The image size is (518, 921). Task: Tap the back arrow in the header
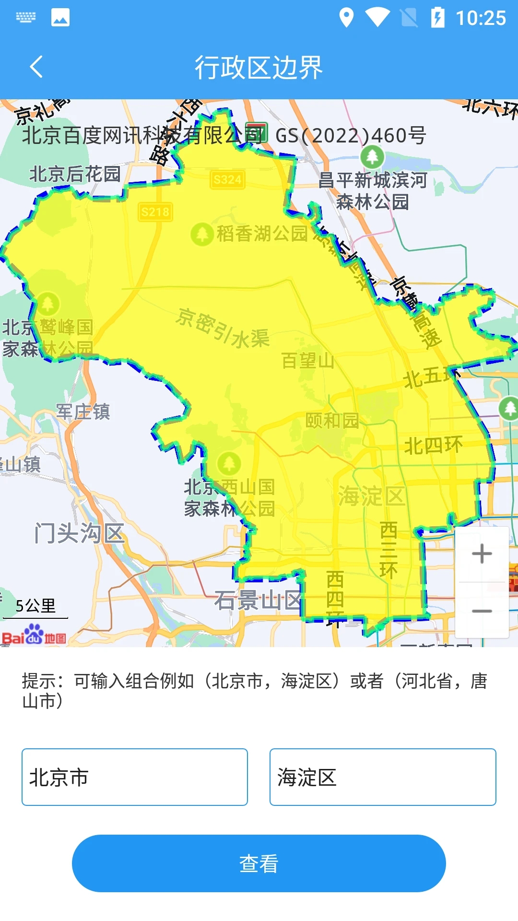point(36,67)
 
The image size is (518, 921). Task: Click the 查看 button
point(259,863)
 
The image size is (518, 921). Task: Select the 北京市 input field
point(135,777)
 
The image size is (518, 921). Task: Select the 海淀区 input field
point(383,777)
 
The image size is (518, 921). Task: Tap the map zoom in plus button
point(482,554)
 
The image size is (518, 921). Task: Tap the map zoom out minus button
point(482,611)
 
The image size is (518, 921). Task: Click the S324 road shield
point(227,180)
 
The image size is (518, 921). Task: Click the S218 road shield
point(155,212)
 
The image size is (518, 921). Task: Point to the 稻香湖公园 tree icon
point(202,235)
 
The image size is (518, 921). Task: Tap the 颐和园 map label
point(332,421)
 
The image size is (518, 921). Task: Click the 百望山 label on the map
point(308,361)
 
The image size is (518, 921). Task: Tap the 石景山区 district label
point(258,600)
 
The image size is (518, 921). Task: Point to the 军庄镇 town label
point(83,412)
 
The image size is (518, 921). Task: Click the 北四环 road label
point(433,446)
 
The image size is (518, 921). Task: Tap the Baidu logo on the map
point(34,635)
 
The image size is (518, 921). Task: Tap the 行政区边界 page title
point(259,67)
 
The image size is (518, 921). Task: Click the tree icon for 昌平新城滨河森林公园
point(372,156)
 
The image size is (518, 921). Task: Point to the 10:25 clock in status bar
point(480,18)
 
